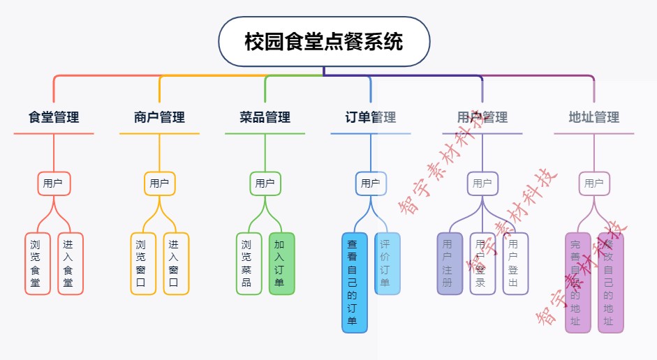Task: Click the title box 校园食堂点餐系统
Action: [x=324, y=42]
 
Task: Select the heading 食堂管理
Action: [x=54, y=117]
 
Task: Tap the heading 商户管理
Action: [x=159, y=117]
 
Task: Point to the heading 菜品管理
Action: [x=265, y=117]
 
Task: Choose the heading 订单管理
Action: [x=371, y=117]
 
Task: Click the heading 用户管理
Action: [x=482, y=117]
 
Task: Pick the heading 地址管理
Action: [x=594, y=117]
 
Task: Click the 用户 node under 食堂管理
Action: [x=54, y=183]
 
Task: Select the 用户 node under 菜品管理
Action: [x=265, y=183]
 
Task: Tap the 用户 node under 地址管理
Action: [x=594, y=183]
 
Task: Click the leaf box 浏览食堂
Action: [x=37, y=264]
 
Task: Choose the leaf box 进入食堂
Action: [x=70, y=264]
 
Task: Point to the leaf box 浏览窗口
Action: [x=142, y=264]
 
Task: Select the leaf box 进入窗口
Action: [x=175, y=264]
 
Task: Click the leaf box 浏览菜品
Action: [x=248, y=264]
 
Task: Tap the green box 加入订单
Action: [x=281, y=264]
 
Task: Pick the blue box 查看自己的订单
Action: [x=354, y=283]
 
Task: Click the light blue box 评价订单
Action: [x=387, y=264]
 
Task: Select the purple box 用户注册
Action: [x=449, y=264]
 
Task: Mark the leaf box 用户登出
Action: [x=515, y=264]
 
